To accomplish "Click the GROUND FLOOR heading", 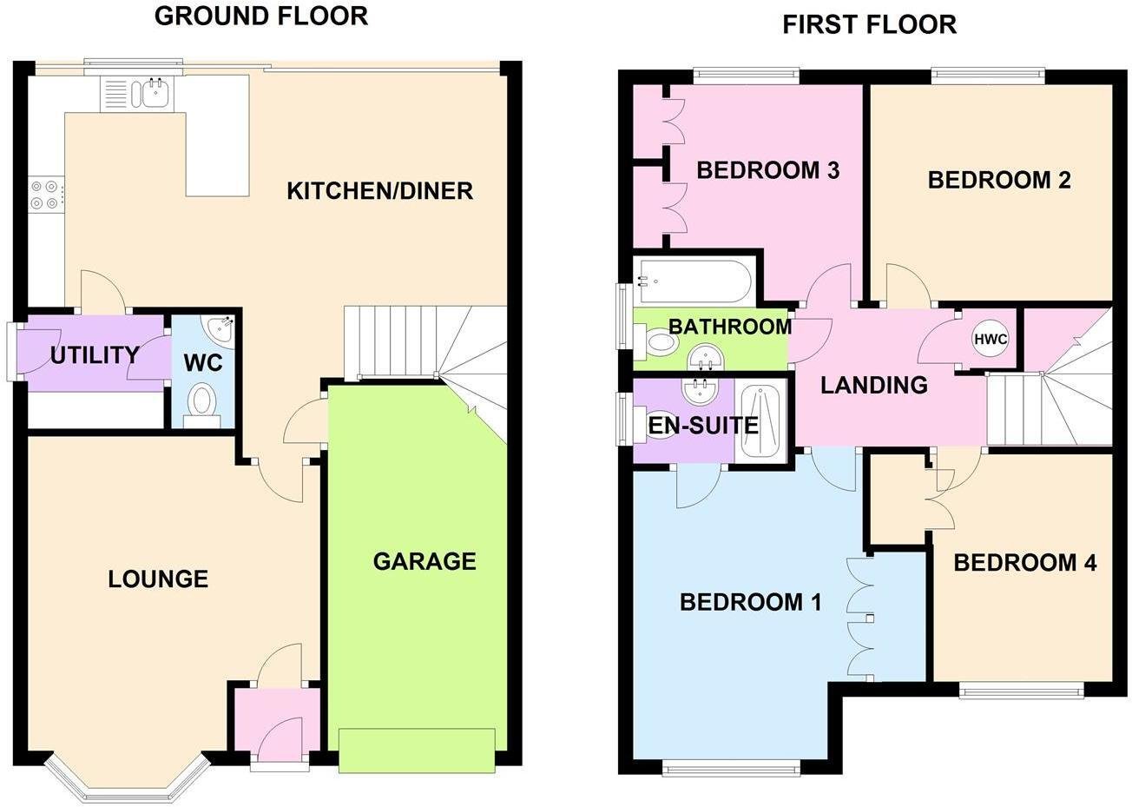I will coord(260,16).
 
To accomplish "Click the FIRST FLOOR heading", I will coord(869,23).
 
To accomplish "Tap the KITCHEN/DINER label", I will coord(379,190).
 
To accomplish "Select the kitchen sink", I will coord(155,93).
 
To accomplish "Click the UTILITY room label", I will coord(94,354).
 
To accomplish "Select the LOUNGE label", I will coord(158,579).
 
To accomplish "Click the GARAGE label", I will coord(424,561).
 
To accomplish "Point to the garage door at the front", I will coord(416,751).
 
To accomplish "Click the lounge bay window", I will coord(128,781).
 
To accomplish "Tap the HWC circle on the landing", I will coord(990,340).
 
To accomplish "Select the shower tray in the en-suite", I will coord(761,420).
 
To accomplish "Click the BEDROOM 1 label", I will coord(750,601).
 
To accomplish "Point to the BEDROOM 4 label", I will coord(1024,563).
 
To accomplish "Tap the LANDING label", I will coord(873,384).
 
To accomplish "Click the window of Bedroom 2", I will coord(988,76).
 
